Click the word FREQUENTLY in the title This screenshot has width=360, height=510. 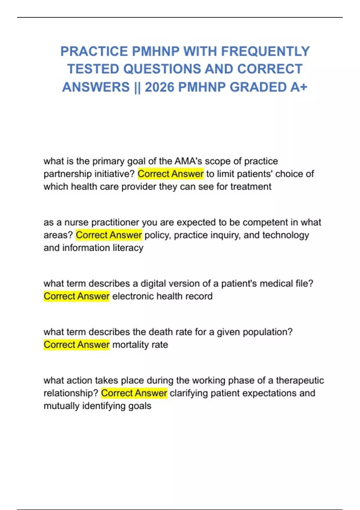(265, 51)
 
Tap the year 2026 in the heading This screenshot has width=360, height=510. (159, 87)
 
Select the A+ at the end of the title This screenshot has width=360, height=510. (298, 87)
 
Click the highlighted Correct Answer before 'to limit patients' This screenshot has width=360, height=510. (170, 174)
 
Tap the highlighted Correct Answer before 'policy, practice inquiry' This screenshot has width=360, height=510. (109, 235)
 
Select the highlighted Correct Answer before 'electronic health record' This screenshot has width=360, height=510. (76, 296)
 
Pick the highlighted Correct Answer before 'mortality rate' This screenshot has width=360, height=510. (76, 345)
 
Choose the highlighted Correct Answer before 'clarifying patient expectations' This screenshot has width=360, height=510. (134, 393)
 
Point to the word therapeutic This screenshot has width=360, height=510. (300, 380)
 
